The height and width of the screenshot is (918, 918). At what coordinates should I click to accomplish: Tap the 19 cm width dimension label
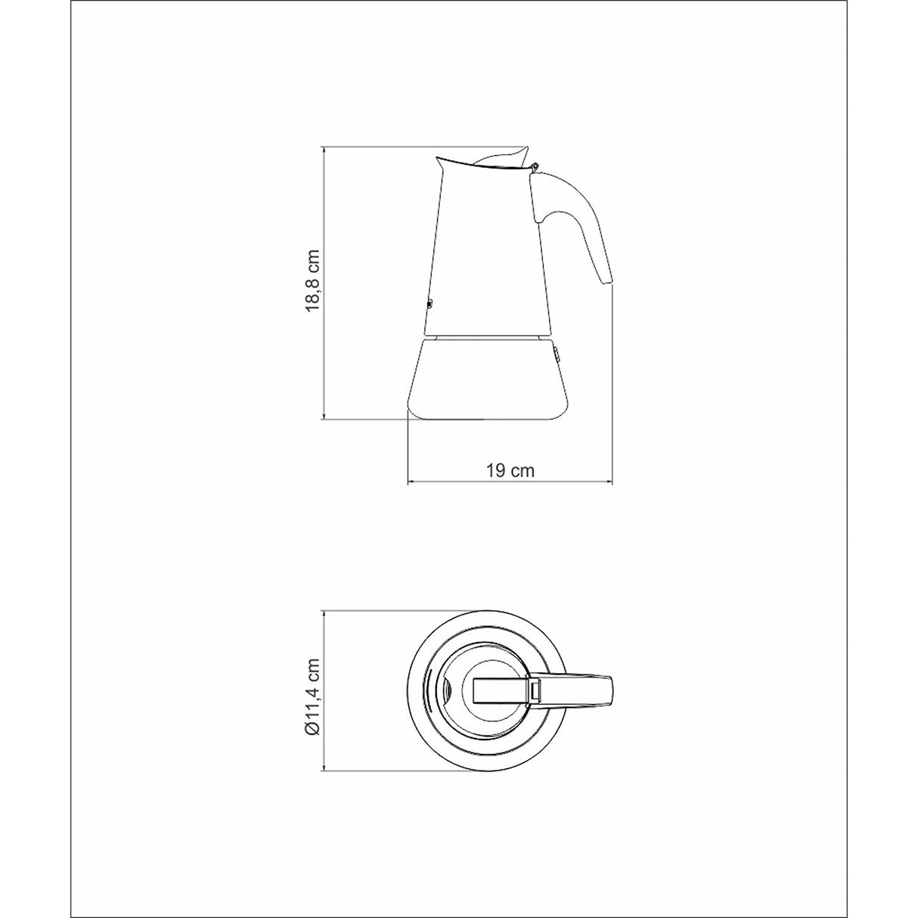coord(510,470)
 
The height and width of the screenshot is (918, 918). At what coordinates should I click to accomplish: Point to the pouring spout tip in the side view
coord(438,158)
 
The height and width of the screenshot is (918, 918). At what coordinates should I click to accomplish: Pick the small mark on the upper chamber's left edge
coord(428,305)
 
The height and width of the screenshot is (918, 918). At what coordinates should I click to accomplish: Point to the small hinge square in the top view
coord(535,690)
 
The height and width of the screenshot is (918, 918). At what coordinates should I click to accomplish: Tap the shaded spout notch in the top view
coord(446,690)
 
